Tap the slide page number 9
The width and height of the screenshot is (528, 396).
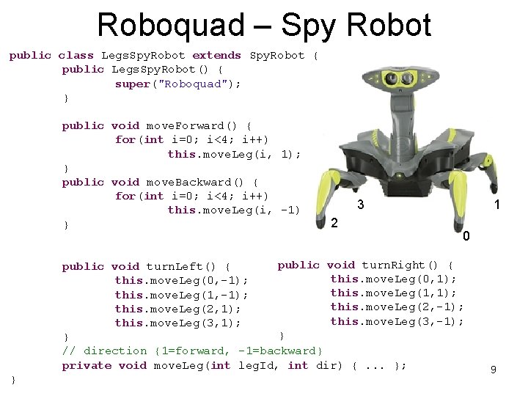494,370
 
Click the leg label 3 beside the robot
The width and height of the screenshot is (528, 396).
361,205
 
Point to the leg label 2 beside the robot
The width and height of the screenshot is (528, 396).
334,222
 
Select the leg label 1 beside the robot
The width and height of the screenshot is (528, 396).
497,206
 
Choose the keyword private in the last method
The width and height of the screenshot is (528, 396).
87,365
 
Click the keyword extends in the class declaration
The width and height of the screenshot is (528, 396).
216,55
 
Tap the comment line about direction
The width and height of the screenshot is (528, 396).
192,351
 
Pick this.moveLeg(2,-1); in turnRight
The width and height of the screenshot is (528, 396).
397,307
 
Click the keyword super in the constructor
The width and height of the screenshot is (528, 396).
132,84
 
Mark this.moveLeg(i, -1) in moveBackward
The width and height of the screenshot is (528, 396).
233,210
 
